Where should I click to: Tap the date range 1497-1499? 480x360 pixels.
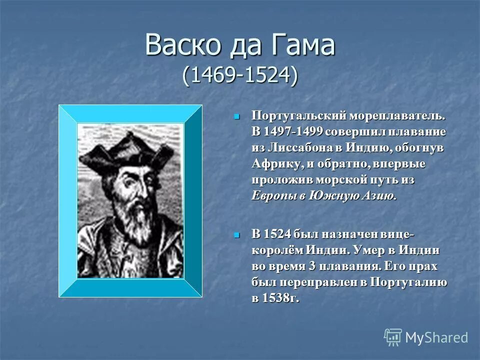point(294,132)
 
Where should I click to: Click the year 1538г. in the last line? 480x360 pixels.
point(277,298)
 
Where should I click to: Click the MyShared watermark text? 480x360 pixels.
point(436,337)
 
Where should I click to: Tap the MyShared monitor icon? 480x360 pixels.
point(393,337)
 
